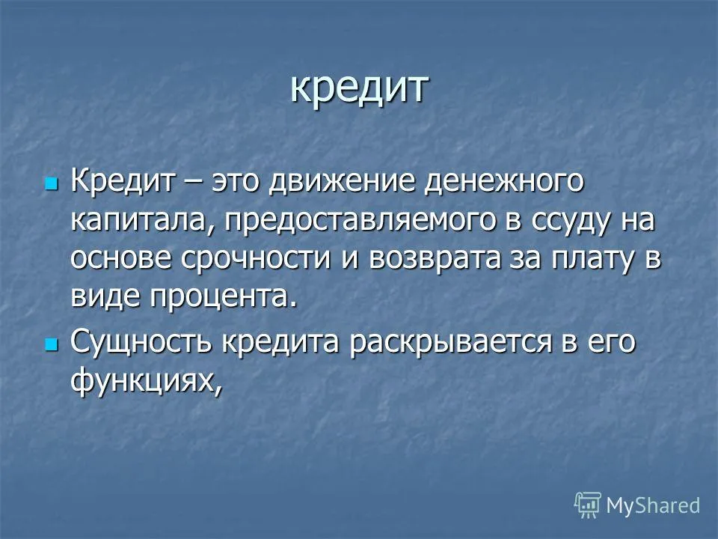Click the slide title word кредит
360,88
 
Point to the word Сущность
141,343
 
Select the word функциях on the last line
147,380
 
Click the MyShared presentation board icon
588,505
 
